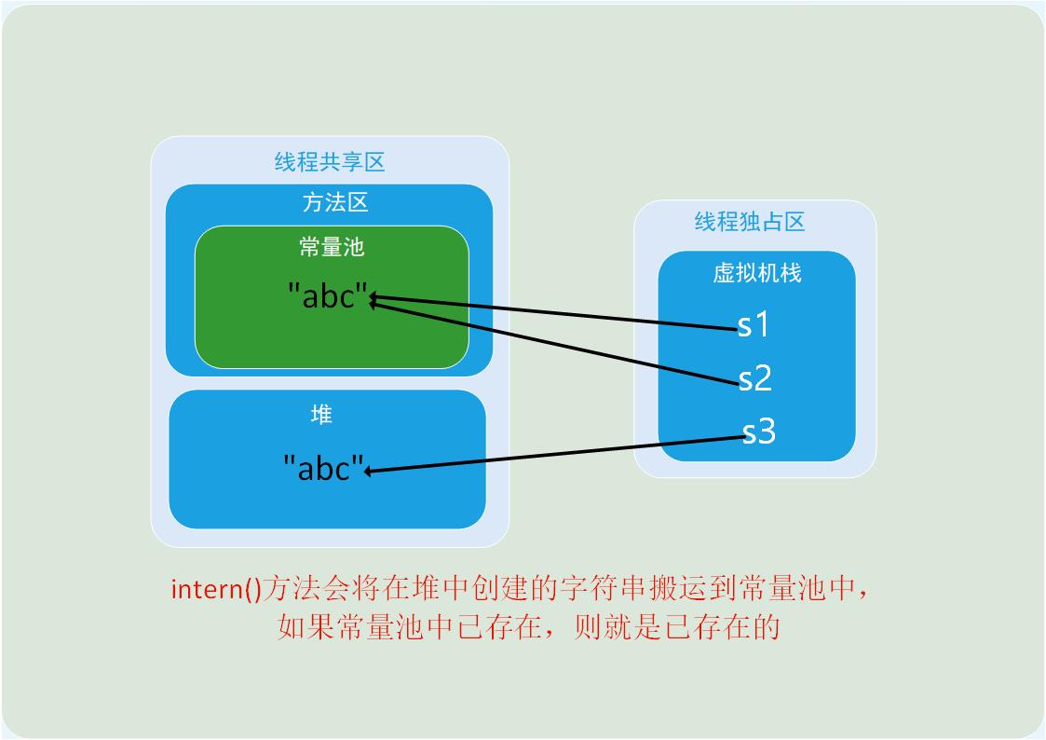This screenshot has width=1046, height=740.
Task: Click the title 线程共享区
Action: point(330,162)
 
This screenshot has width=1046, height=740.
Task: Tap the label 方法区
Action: point(335,202)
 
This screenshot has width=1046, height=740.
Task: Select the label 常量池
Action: point(332,247)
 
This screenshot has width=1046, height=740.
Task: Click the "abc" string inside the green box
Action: point(328,295)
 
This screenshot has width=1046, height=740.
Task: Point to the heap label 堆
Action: point(321,415)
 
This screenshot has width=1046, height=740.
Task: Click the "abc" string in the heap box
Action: point(323,468)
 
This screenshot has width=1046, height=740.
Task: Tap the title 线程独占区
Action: point(750,222)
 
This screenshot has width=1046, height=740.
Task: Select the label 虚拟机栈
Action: point(757,273)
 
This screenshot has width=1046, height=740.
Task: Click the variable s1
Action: point(754,324)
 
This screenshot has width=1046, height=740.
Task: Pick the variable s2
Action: point(755,377)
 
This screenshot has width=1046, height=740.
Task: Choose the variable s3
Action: point(759,432)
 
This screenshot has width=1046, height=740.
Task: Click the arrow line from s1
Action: point(553,312)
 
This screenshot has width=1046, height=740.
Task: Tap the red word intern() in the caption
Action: point(217,589)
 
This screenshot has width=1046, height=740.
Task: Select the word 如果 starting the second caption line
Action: point(306,627)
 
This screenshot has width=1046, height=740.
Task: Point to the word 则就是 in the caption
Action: point(617,627)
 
